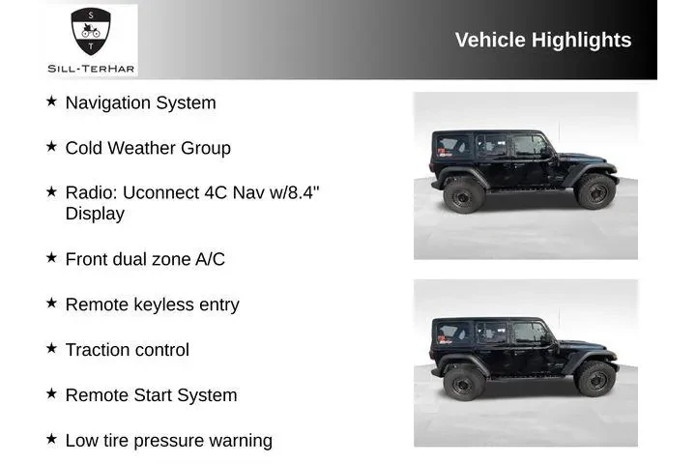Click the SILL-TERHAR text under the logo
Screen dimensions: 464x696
(92, 68)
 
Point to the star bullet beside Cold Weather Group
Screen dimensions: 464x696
(51, 147)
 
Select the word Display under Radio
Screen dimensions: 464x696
(95, 214)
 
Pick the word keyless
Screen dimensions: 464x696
(162, 304)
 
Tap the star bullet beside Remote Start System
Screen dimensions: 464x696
(51, 394)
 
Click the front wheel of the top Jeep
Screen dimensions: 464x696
(595, 191)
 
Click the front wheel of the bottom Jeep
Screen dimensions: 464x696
(595, 379)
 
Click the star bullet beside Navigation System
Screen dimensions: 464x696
(51, 101)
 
